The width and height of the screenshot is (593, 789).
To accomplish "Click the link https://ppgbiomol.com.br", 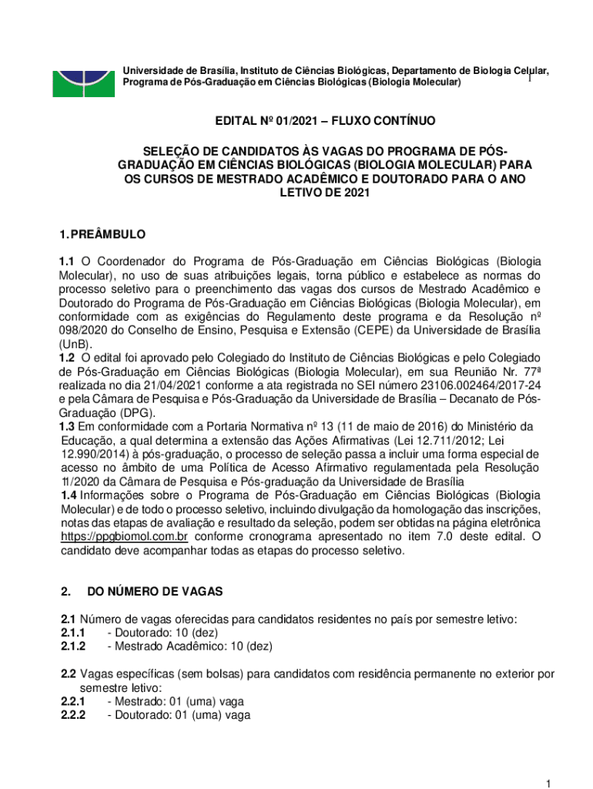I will (125, 536).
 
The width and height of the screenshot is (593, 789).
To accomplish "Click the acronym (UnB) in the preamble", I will (75, 344).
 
